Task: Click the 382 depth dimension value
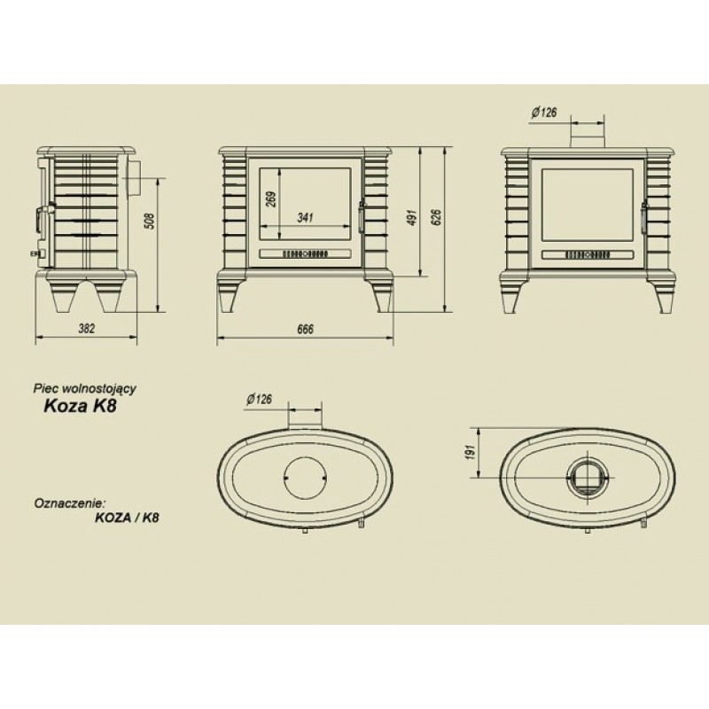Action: tap(87, 328)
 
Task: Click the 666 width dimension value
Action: tap(305, 328)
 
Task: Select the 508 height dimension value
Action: tap(149, 222)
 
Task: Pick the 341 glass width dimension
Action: tap(305, 217)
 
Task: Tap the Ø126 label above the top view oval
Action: tap(260, 400)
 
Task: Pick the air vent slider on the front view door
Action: tap(306, 255)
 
